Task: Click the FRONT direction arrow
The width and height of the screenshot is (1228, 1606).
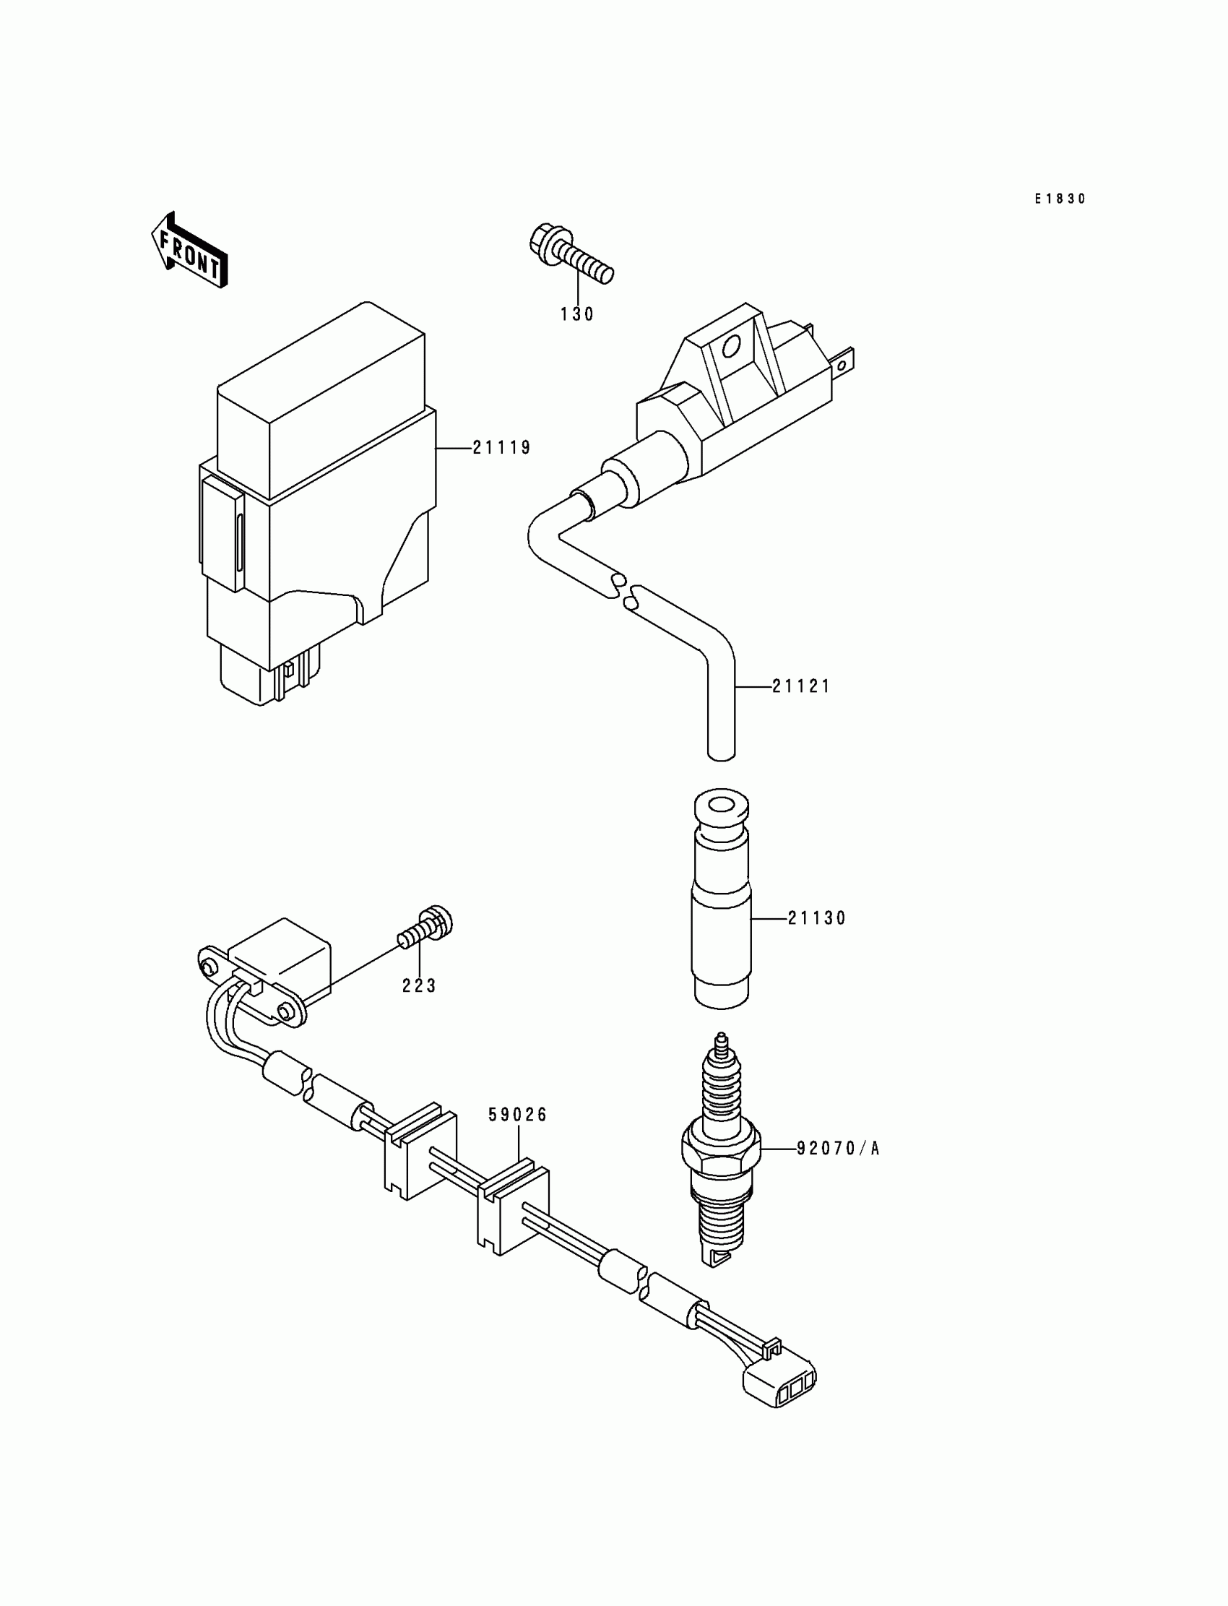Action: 189,251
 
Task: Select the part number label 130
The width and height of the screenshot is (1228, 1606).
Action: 577,314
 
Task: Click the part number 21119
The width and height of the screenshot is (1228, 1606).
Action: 501,447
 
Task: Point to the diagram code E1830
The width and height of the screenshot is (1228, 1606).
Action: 1060,199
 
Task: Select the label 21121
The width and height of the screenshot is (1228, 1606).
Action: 802,686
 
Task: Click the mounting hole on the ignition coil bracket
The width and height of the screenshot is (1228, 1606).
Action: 730,345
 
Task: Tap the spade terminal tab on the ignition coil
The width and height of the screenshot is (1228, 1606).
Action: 846,362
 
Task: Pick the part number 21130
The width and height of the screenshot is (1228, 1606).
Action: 816,918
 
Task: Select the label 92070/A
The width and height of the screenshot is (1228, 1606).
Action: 838,1149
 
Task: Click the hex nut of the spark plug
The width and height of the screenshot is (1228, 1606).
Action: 721,1156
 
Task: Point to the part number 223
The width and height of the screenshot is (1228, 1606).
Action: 420,986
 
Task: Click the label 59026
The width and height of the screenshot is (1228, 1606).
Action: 518,1115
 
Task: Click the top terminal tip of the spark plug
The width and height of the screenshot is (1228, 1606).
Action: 722,1039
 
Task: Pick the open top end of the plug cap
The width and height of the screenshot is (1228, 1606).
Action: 721,808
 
